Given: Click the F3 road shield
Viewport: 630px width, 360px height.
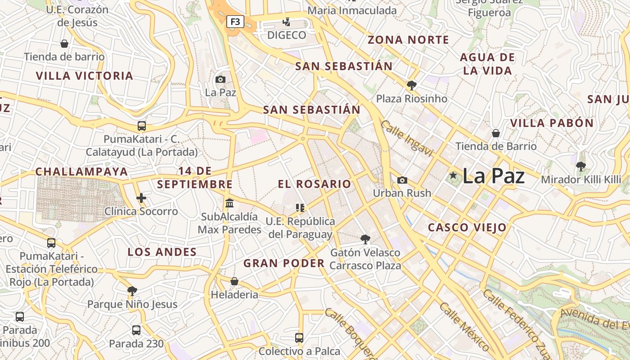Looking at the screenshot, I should [x=235, y=21].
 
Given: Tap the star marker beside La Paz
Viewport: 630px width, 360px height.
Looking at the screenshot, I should [x=453, y=175].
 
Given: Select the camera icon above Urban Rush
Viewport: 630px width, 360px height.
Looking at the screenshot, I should [x=402, y=180].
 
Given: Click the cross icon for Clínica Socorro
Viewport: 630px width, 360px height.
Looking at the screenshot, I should [x=141, y=198].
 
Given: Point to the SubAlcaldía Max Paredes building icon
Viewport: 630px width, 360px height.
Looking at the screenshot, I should [x=229, y=203].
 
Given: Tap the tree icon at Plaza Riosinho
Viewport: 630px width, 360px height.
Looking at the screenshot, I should [x=411, y=85].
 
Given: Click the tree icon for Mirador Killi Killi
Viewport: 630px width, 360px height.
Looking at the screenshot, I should [x=581, y=166].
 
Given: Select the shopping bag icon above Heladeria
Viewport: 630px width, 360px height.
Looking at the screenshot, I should [x=234, y=282].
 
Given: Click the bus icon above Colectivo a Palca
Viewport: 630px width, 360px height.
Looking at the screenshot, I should [x=299, y=337].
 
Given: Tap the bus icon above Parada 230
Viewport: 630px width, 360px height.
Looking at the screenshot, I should [x=136, y=330].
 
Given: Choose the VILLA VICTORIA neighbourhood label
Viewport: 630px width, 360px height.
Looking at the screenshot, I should [x=85, y=76].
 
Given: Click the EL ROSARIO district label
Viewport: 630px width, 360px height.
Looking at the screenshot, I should [x=314, y=184].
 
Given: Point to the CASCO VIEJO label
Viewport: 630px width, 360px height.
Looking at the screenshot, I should [x=467, y=227].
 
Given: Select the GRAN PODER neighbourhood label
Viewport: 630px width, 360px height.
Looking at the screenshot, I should [x=284, y=263].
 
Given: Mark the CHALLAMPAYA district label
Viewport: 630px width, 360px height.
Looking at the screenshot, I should [x=81, y=171].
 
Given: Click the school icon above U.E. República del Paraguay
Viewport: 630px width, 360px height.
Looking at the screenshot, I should [x=300, y=207].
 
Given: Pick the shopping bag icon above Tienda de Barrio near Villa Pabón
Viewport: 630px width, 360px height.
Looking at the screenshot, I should [x=495, y=133].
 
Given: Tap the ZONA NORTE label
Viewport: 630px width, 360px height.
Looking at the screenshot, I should [x=409, y=40].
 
